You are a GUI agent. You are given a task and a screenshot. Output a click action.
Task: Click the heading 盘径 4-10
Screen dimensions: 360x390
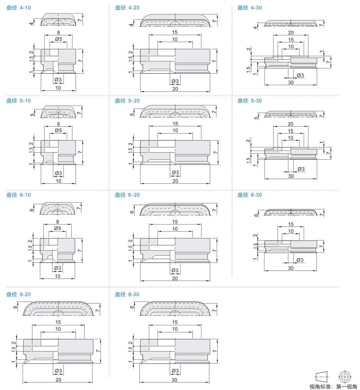coord(18,8)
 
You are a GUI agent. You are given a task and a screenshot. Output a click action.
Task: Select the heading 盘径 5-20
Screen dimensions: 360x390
coord(127,100)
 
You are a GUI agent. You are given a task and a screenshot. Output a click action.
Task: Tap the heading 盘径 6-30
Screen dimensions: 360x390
coord(250,195)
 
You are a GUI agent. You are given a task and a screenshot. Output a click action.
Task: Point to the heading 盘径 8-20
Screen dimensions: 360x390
coord(18,294)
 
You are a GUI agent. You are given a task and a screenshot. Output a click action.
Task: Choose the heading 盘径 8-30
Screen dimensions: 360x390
coord(127,294)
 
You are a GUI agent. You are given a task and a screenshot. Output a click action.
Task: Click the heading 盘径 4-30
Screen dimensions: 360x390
coord(250,8)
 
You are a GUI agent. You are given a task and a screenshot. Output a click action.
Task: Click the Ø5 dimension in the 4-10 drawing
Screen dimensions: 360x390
coord(58,39)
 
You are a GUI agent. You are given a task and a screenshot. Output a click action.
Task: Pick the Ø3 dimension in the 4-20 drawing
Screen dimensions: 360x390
coord(175,81)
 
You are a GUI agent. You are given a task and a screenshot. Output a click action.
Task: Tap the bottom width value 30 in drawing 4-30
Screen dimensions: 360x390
coord(291,83)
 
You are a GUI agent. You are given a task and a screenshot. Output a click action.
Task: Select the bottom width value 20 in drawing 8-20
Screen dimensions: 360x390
coord(58,380)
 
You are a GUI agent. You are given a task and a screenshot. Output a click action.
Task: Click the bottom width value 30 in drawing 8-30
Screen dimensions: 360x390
coord(174,380)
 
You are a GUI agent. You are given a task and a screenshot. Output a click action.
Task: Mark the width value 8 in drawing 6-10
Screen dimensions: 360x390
coord(57,222)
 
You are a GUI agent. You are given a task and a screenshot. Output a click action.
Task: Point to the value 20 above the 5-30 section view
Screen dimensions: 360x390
coord(291,124)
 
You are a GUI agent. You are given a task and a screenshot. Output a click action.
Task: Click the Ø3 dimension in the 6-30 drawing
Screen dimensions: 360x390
coord(300,260)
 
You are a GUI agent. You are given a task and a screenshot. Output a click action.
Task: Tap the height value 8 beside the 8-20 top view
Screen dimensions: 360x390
coord(15,307)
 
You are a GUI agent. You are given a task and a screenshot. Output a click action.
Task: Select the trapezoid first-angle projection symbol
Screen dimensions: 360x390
coord(322,376)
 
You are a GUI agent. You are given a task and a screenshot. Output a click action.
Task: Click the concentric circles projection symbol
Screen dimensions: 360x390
coord(345,377)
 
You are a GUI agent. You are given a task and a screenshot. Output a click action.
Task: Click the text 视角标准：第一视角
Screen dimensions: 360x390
coord(333,387)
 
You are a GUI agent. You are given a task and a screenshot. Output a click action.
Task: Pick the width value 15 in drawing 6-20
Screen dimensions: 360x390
coord(175,222)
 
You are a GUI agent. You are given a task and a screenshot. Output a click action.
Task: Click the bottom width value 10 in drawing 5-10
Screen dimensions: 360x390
coord(58,181)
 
